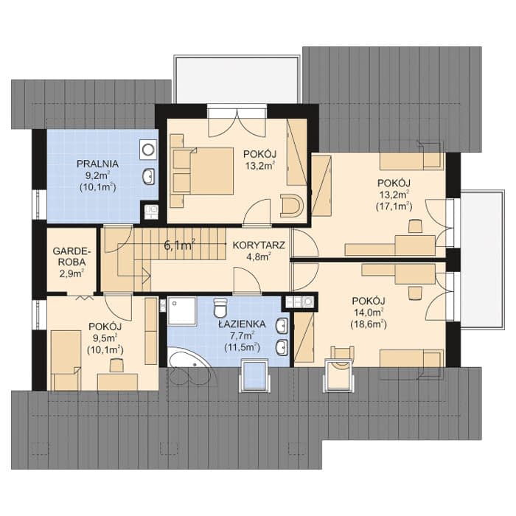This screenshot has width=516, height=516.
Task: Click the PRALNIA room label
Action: (97, 164)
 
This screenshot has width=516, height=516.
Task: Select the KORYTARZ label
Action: (259, 245)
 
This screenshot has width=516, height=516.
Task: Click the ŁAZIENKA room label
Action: (243, 324)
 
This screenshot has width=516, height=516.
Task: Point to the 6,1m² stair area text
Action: (179, 245)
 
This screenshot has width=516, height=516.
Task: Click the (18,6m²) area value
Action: (369, 324)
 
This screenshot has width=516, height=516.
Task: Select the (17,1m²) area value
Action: (394, 206)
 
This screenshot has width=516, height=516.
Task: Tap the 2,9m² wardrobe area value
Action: (72, 273)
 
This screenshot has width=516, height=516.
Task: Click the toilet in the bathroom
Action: (220, 307)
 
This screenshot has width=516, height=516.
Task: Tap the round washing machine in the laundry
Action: (148, 150)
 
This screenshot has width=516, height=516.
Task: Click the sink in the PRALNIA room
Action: (149, 177)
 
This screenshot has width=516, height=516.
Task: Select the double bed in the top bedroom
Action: (202, 171)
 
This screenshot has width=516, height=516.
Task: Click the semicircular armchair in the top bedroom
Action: (291, 206)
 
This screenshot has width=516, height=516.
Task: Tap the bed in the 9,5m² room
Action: (66, 360)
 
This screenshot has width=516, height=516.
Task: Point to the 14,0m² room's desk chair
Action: (415, 293)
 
